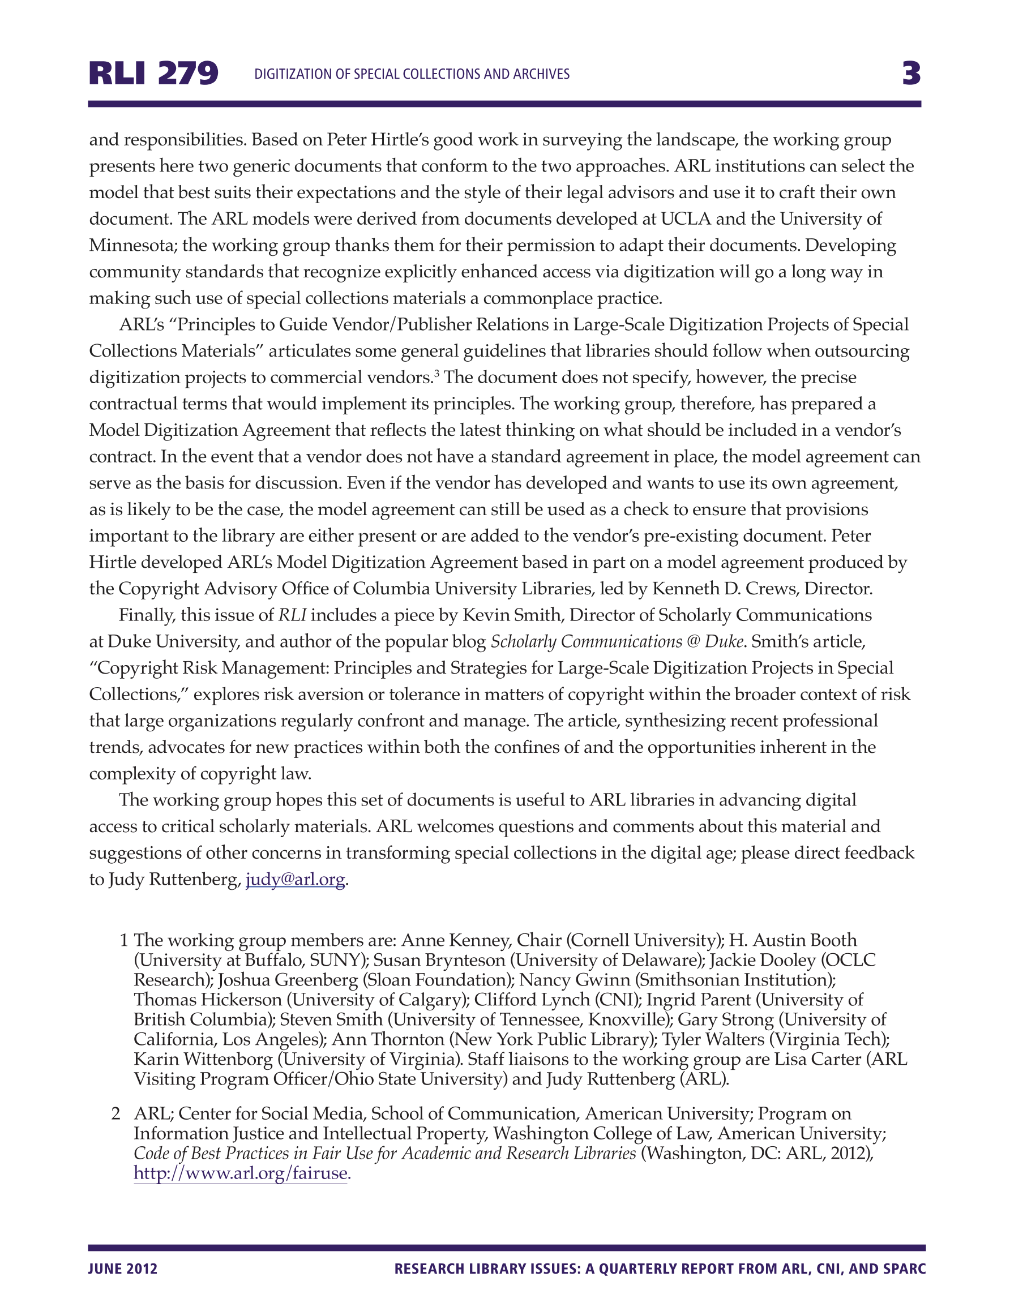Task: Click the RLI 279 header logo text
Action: coord(153,74)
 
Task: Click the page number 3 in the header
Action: coord(911,74)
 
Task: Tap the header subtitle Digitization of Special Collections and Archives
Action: coord(412,74)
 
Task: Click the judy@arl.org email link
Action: coord(295,879)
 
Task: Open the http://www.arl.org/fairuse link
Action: coord(241,1173)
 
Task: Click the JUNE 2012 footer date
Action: coord(123,1269)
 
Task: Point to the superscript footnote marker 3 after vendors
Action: coord(437,374)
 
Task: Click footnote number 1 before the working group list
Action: coord(124,940)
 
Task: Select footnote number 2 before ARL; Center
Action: coord(116,1114)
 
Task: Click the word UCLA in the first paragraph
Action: coord(686,219)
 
